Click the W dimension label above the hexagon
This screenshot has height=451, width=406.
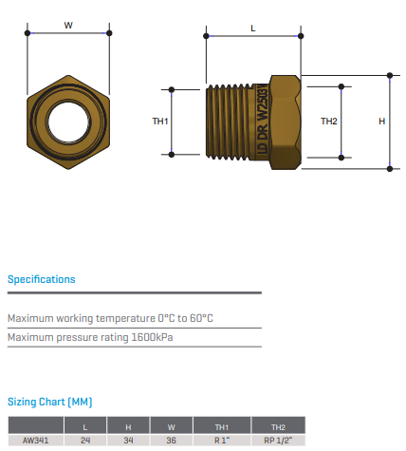tap(68, 26)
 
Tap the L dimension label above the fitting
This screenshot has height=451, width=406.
tap(253, 28)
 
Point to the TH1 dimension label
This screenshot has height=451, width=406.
tap(160, 122)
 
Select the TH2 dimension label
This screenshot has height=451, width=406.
tap(329, 122)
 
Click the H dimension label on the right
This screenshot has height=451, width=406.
tap(382, 122)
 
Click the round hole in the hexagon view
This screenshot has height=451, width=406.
tap(68, 122)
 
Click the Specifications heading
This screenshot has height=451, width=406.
tap(42, 279)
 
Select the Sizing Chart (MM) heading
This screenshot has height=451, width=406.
tap(50, 402)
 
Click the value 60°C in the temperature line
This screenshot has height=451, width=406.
tap(201, 318)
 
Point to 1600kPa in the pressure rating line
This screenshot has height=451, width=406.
tap(152, 337)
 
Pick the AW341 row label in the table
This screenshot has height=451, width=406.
tap(35, 441)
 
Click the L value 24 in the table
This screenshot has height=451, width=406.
tap(85, 441)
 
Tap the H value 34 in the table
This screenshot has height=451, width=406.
tap(128, 441)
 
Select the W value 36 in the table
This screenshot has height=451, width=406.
tap(171, 441)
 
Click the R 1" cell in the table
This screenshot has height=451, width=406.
tap(222, 441)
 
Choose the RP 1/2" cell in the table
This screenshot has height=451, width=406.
tap(278, 441)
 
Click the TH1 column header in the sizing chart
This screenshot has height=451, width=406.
tap(222, 427)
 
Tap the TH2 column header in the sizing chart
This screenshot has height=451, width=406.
tap(278, 427)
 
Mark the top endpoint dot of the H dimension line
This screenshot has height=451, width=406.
tap(390, 75)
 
